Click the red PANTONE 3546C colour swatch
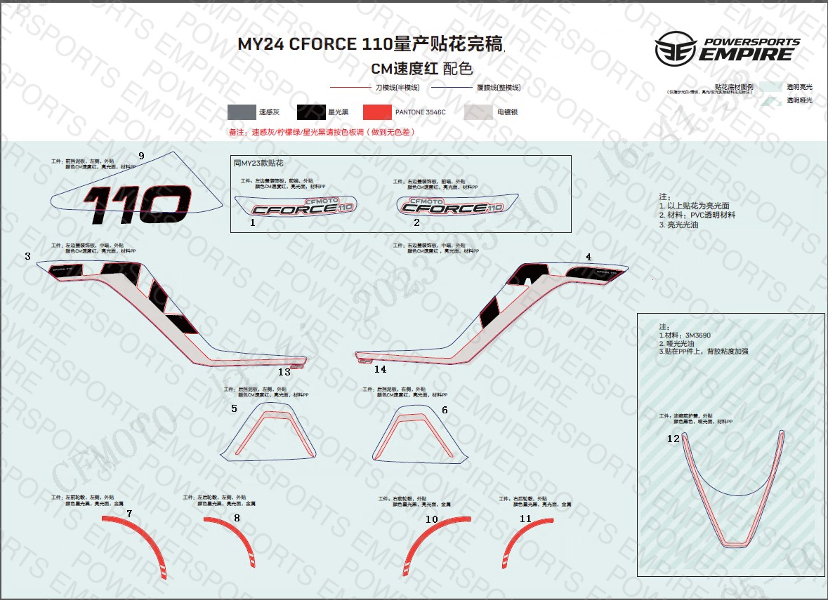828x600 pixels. coord(377,112)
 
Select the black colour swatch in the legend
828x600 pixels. coord(310,112)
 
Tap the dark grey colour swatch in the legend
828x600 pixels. coord(241,112)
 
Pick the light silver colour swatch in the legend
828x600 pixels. coord(478,112)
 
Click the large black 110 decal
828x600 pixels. coord(137,204)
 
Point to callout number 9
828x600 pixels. coord(141,156)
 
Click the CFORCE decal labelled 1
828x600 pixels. coord(295,208)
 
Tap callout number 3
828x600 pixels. coord(27,256)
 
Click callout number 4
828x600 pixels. coord(589,257)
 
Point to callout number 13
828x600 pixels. coord(284,372)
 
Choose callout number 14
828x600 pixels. coord(380,369)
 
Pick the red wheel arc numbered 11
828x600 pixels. coord(517,542)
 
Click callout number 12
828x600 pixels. coord(673,439)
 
